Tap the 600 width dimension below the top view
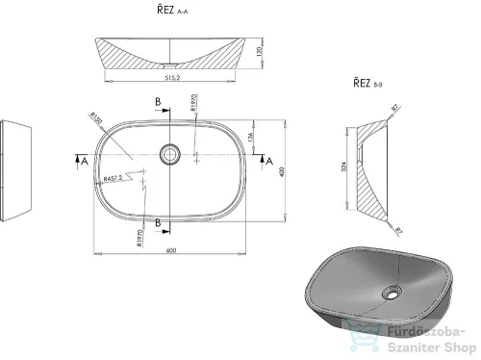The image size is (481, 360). click(171, 253)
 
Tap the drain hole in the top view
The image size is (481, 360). click(170, 151)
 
